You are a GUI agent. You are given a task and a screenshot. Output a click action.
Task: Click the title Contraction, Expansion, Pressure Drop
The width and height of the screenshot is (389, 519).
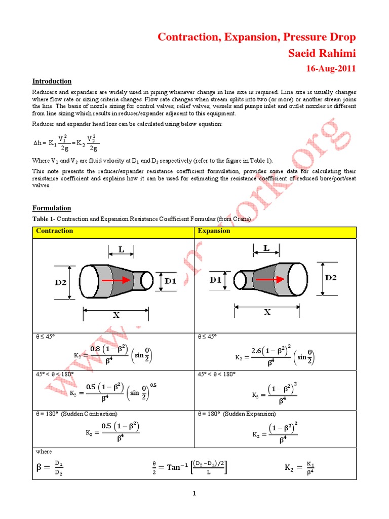(x=257, y=37)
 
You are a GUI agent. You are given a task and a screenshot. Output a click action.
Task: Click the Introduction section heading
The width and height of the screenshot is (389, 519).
(x=52, y=81)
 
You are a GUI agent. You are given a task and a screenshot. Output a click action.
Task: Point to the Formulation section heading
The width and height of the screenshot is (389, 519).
(x=52, y=208)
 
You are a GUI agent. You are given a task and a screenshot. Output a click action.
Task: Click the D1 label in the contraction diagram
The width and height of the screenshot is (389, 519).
(x=171, y=280)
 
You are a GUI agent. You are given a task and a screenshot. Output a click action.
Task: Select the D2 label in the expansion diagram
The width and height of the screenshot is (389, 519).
(x=330, y=278)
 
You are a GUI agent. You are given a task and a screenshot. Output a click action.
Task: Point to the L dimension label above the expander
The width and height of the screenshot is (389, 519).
(x=266, y=248)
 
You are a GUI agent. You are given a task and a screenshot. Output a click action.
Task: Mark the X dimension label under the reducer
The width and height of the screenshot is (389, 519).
(x=116, y=314)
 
